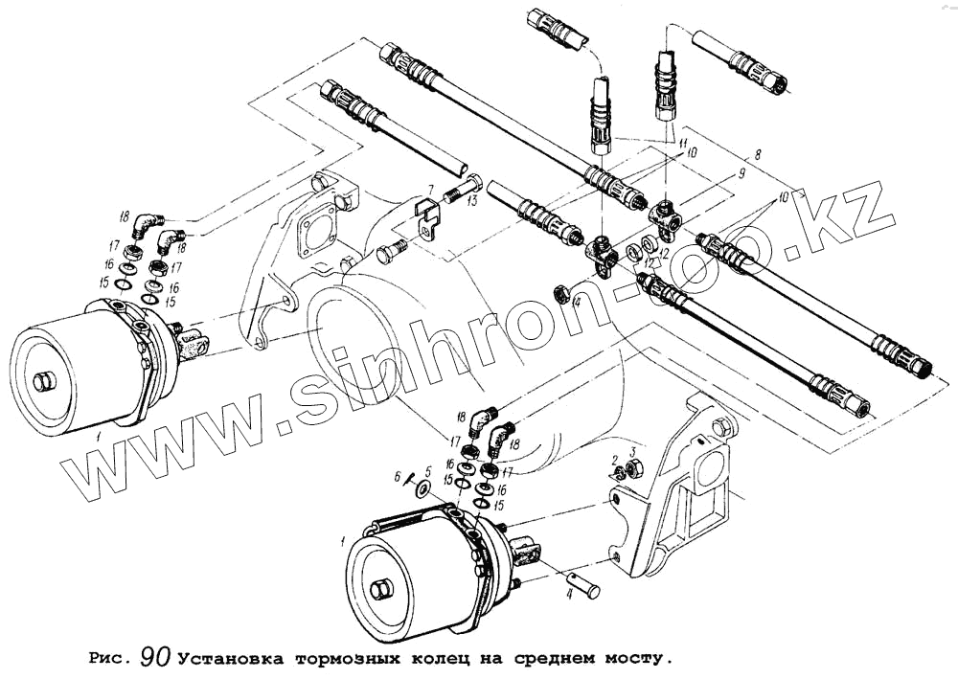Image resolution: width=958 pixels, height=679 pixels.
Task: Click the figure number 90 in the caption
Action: [154, 657]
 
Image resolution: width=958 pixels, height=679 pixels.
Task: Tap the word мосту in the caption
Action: [632, 658]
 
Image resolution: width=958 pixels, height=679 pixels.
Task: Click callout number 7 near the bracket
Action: [432, 189]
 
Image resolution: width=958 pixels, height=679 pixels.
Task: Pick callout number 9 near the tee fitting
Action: [739, 174]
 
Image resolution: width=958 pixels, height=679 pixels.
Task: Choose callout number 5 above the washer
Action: [428, 470]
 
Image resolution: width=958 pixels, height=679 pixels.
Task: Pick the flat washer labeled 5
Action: [421, 487]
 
